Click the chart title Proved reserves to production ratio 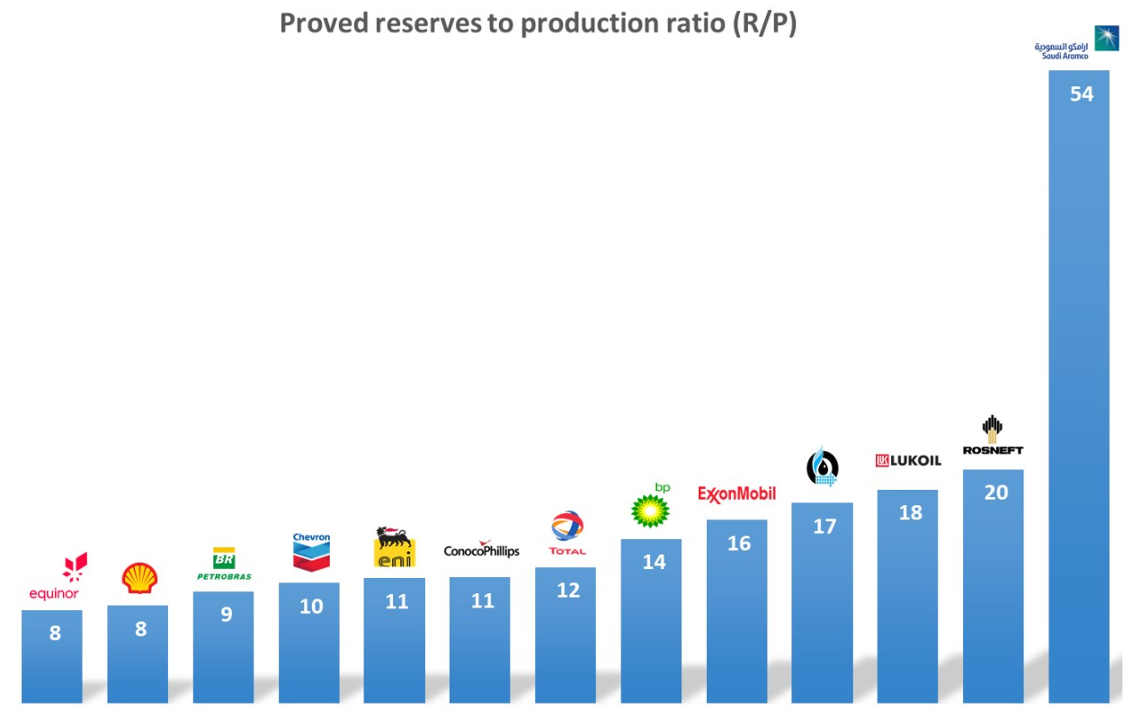click(x=538, y=23)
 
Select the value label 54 click(x=1081, y=93)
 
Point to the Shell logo click(x=139, y=579)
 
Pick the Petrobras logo click(x=224, y=564)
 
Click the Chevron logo click(x=311, y=552)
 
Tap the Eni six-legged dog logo click(x=395, y=547)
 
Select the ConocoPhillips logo click(x=481, y=550)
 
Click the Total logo click(x=567, y=533)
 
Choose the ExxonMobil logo click(x=736, y=494)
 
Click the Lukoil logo click(x=908, y=460)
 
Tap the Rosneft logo click(x=993, y=436)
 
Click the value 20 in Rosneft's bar click(x=995, y=493)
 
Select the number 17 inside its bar click(x=824, y=527)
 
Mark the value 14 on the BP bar click(x=654, y=563)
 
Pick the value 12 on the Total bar click(x=567, y=590)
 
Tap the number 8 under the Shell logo click(x=140, y=629)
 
